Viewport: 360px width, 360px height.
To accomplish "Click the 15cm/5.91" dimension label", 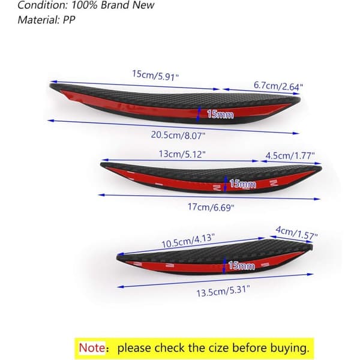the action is click(x=155, y=75).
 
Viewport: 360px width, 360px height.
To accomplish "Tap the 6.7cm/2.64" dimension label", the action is click(x=278, y=86).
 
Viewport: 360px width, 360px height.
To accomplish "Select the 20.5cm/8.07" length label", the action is click(x=178, y=135).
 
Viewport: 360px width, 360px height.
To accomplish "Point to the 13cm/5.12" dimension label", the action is click(x=182, y=154).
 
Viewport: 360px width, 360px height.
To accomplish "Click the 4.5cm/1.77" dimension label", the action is click(x=290, y=155).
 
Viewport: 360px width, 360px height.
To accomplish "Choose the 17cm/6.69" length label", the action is click(x=211, y=207).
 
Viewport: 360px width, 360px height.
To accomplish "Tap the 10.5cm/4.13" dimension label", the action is click(x=188, y=241).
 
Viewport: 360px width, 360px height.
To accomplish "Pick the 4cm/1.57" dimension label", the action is click(x=296, y=233).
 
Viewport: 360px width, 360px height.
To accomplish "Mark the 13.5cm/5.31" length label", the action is click(x=223, y=291).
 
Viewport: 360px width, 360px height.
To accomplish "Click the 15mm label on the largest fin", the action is click(x=220, y=115).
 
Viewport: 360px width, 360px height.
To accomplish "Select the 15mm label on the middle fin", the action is click(x=242, y=184).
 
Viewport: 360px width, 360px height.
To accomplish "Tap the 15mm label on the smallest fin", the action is click(x=242, y=266).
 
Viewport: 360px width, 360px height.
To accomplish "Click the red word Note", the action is click(x=92, y=347).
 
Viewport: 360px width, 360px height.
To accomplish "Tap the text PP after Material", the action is click(x=69, y=20).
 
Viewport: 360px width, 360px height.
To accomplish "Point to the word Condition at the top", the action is click(x=43, y=5).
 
